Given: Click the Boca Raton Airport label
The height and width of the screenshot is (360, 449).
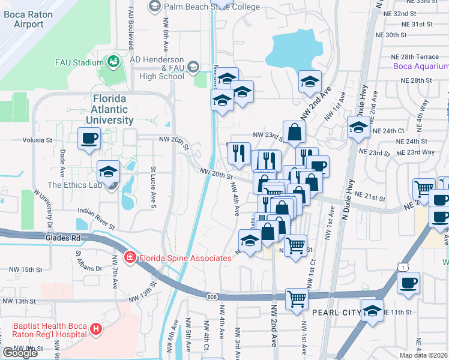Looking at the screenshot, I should pyautogui.click(x=29, y=19).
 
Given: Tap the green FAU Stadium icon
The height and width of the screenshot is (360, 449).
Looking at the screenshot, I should pyautogui.click(x=112, y=61).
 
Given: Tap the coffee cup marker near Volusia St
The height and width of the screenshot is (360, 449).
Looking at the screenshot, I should pyautogui.click(x=89, y=139).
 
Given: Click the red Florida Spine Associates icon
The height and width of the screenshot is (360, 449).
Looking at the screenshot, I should pyautogui.click(x=129, y=258).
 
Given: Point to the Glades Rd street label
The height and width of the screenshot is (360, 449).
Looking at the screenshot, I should pyautogui.click(x=62, y=238).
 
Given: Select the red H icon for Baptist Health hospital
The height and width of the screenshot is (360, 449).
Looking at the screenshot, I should pyautogui.click(x=95, y=329).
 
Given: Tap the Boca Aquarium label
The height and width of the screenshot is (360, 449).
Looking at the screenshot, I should pyautogui.click(x=421, y=66).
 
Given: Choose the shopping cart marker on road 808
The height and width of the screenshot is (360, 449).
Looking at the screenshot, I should pyautogui.click(x=297, y=298).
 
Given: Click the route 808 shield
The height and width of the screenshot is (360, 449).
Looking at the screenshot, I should pyautogui.click(x=211, y=295).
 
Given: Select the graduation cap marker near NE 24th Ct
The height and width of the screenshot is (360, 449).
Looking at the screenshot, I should pyautogui.click(x=358, y=127).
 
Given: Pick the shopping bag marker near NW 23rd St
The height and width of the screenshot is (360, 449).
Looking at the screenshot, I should pyautogui.click(x=295, y=132).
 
